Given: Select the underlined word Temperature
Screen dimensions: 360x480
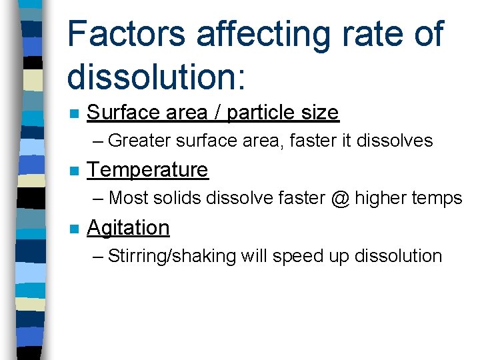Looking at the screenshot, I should click(147, 170).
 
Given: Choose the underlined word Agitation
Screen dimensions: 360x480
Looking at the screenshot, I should click(128, 228).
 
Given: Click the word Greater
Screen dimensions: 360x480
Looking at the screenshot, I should click(139, 141).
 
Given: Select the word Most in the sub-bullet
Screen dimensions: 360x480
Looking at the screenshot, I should click(128, 198).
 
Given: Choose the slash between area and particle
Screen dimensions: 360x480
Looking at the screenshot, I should click(217, 113).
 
